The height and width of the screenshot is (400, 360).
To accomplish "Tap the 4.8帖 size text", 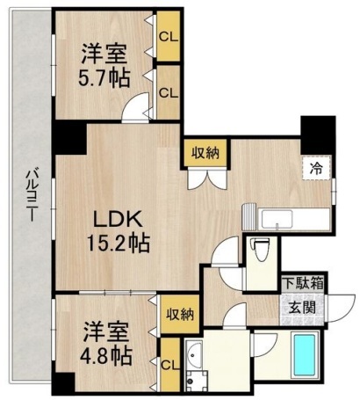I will [108, 358].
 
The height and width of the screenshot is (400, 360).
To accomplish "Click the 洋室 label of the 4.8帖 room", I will [106, 333].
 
